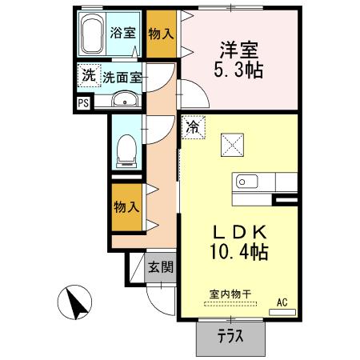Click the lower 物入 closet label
tap(127, 206)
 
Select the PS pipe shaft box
tap(83, 102)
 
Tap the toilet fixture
tap(126, 149)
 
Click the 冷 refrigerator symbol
tap(193, 126)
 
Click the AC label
tap(282, 302)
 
